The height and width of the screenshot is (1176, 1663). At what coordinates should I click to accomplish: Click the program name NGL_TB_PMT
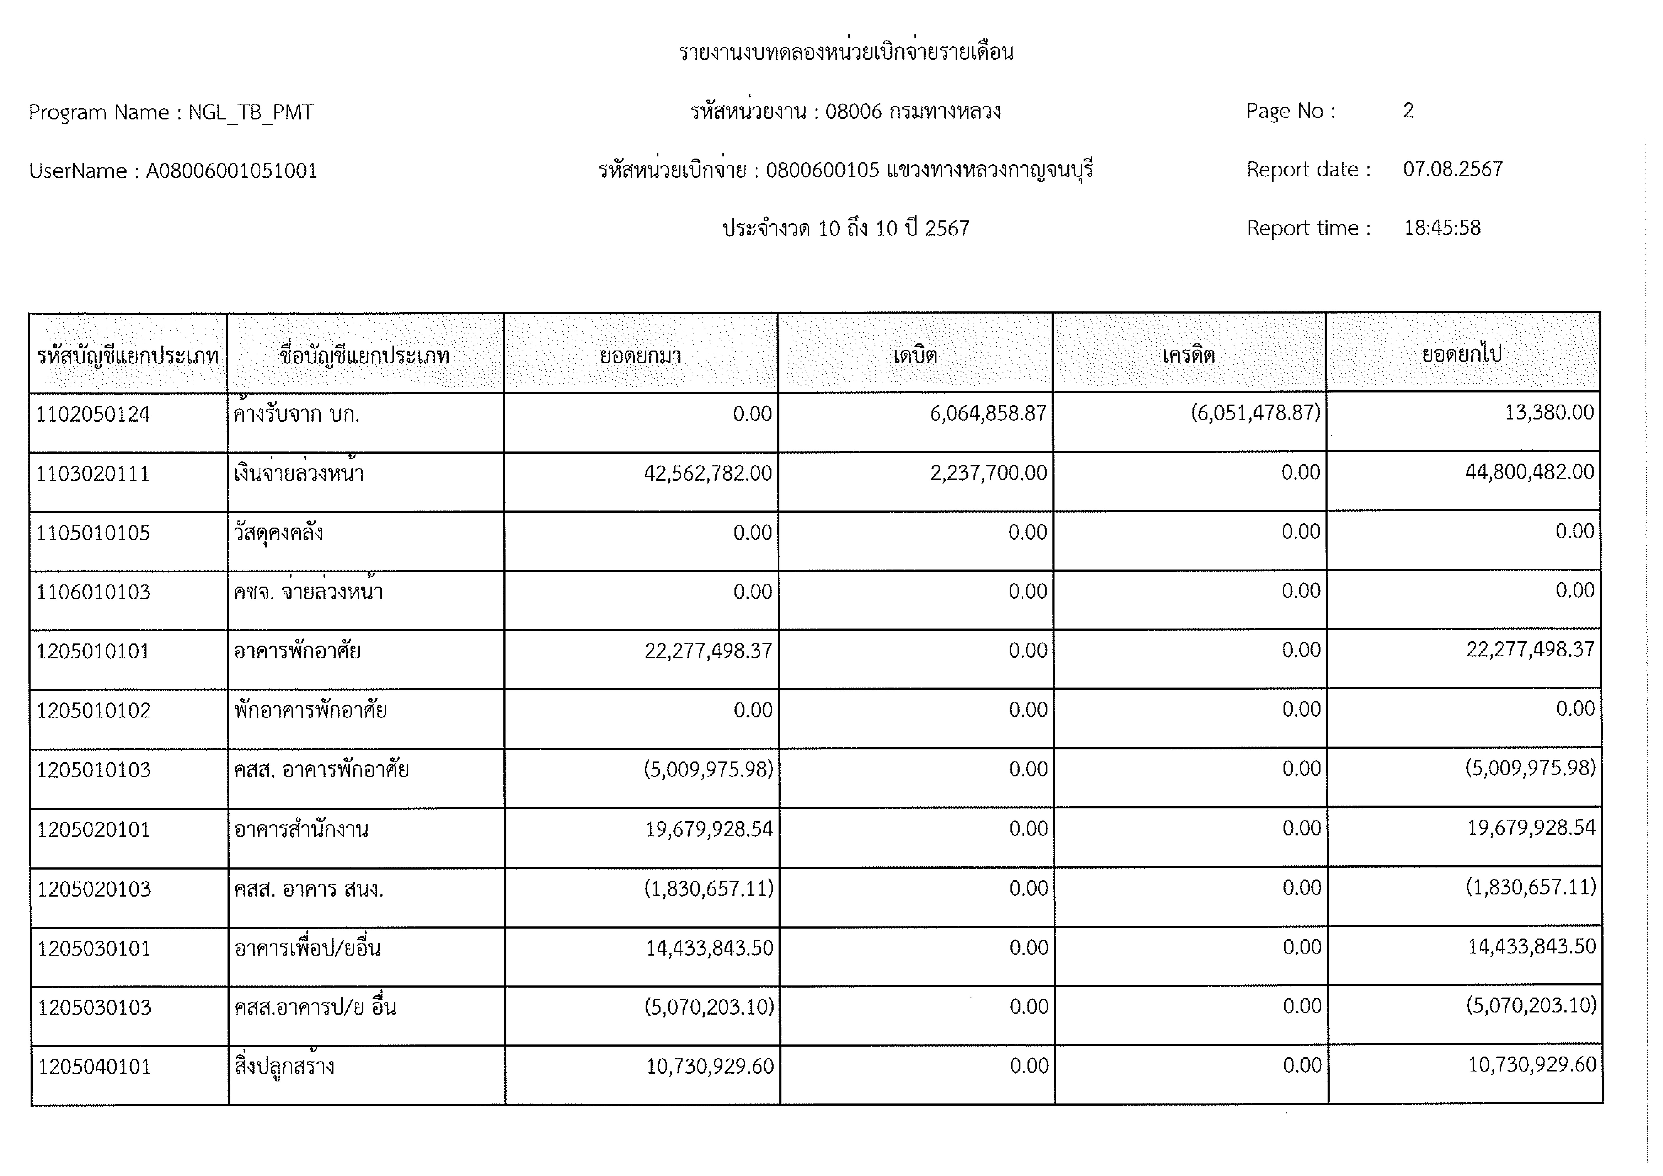coord(251,112)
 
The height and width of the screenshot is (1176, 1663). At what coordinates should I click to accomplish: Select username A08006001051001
coord(232,171)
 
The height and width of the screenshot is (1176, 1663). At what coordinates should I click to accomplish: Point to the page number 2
coord(1408,111)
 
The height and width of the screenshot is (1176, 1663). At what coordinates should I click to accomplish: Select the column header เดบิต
coord(915,355)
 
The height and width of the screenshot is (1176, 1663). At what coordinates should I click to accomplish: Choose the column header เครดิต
coord(1189,355)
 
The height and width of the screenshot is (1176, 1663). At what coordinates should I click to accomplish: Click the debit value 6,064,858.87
coord(988,414)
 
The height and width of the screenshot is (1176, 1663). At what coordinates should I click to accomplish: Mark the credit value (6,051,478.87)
coord(1255,413)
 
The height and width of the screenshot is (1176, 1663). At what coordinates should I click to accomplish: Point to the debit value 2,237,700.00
coord(988,473)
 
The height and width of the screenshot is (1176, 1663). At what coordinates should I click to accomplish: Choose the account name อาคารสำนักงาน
coord(301,829)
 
